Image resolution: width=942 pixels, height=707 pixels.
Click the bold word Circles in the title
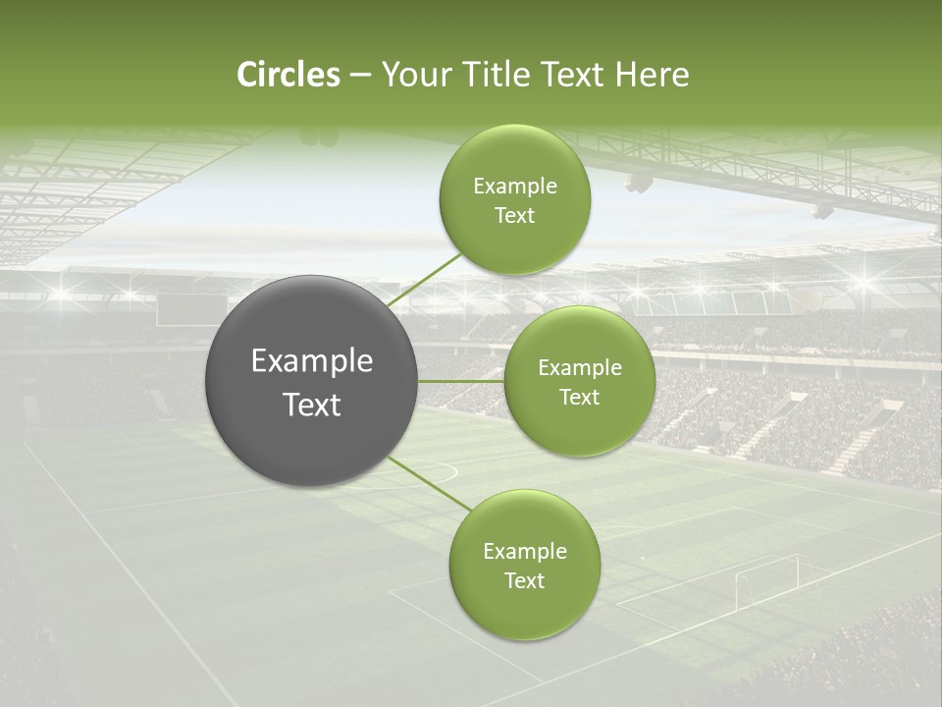[x=288, y=75]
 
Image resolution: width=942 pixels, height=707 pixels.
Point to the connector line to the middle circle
[x=461, y=381]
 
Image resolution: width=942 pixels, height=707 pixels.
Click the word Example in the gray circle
[x=312, y=361]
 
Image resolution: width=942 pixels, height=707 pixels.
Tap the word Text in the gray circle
[x=312, y=405]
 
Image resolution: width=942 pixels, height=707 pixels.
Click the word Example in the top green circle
[x=515, y=187]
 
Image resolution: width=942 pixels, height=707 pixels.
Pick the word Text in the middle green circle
[x=579, y=397]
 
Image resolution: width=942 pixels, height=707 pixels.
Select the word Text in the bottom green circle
[x=524, y=580]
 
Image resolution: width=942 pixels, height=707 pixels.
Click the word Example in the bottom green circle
[x=524, y=552]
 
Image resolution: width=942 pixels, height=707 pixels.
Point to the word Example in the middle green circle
[x=579, y=368]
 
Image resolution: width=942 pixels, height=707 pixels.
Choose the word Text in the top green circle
[x=515, y=215]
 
